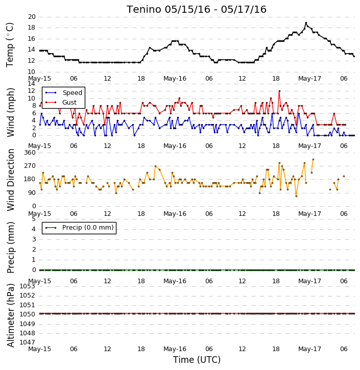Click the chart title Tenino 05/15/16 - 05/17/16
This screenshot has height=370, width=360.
(x=197, y=9)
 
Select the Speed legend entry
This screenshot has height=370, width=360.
(x=64, y=93)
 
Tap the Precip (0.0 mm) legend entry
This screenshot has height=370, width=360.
(x=79, y=228)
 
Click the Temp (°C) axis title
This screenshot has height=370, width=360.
(x=10, y=45)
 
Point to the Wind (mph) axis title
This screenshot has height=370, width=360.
(x=11, y=112)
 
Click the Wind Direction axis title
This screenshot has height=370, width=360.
(x=11, y=180)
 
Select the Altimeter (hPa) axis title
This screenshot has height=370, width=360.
(x=11, y=315)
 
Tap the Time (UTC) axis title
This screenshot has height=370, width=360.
(x=197, y=360)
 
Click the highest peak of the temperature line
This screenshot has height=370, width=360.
(x=306, y=23)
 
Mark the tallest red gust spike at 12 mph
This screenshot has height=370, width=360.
(x=279, y=91)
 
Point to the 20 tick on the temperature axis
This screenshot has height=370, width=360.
(x=32, y=17)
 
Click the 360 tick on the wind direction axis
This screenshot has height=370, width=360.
(x=30, y=153)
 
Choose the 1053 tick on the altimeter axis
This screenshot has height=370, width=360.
(x=27, y=286)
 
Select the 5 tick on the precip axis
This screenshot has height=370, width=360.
(x=34, y=219)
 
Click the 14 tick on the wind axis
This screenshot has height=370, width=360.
(x=32, y=84)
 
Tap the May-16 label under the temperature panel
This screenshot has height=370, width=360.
(x=175, y=79)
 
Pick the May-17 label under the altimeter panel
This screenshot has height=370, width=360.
(x=310, y=349)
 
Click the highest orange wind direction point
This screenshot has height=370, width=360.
(x=313, y=160)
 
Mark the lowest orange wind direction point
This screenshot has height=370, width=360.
(x=296, y=196)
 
